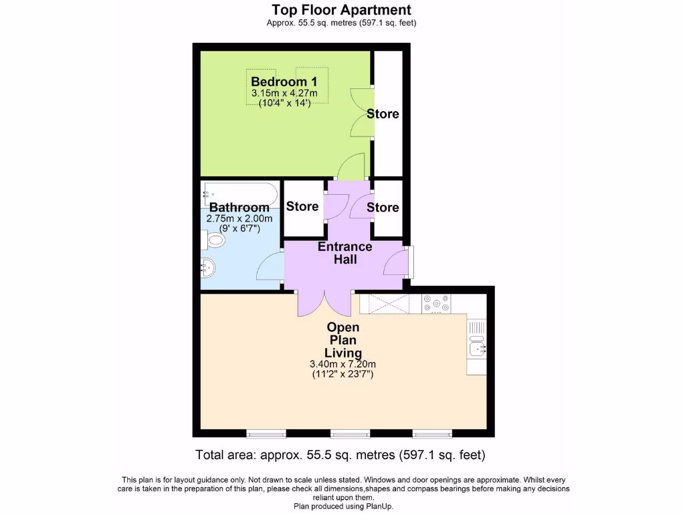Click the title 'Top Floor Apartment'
click(x=342, y=10)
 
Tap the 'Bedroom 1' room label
click(x=284, y=82)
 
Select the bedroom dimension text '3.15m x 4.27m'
click(x=284, y=93)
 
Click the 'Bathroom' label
click(x=239, y=207)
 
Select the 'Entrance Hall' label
click(x=345, y=253)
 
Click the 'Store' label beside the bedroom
click(x=383, y=114)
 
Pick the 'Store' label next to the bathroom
click(x=302, y=206)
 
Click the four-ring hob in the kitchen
click(x=436, y=305)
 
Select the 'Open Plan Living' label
click(x=342, y=340)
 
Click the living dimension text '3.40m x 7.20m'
click(x=342, y=364)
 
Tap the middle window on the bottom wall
click(x=350, y=433)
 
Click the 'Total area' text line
click(x=340, y=455)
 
